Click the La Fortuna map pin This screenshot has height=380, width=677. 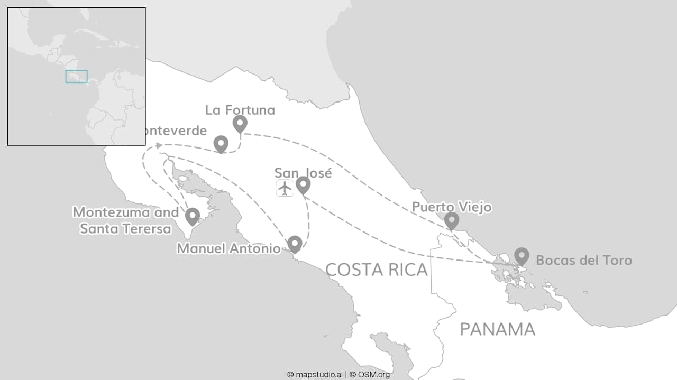[x=240, y=124]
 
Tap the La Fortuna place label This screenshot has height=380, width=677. [x=240, y=110]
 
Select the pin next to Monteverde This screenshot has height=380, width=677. [x=221, y=143]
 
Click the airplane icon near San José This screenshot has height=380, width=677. [x=285, y=188]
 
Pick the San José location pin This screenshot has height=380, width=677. [x=303, y=184]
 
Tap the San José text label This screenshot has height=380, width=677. [x=303, y=173]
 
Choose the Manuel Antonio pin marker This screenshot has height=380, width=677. [x=295, y=244]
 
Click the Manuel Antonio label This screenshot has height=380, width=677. [x=228, y=248]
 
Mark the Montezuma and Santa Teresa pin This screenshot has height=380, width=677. [x=192, y=216]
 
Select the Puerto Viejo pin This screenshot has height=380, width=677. [x=451, y=220]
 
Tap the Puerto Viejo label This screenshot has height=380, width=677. [x=452, y=207]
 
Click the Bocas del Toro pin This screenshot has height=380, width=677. [x=522, y=256]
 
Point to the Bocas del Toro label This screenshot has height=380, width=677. [x=583, y=260]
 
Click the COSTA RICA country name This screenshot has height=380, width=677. [x=376, y=270]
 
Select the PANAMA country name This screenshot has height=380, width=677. [x=497, y=329]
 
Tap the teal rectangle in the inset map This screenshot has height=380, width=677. [x=76, y=76]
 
